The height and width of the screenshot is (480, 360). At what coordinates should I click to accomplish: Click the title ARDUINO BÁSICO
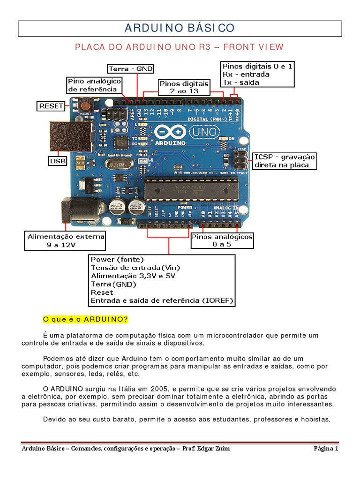pos(180,28)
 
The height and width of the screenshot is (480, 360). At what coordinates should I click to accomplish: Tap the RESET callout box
pos(51,106)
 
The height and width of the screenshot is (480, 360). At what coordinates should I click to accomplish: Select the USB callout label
pos(58,161)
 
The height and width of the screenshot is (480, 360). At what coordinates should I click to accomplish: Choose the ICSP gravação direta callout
pos(285,161)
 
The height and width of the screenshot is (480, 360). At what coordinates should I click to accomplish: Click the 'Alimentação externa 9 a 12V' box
pos(66,241)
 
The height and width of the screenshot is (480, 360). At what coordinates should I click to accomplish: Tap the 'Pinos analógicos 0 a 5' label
pos(222,240)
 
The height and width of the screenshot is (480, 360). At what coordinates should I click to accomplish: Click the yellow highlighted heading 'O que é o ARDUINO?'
pos(85,319)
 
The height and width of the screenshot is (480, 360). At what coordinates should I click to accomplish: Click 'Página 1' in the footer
pos(326,449)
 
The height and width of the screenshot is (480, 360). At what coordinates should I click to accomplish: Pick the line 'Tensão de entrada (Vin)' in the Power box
pos(135,268)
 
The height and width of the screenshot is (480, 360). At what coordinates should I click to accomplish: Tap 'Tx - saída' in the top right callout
pos(241,82)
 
